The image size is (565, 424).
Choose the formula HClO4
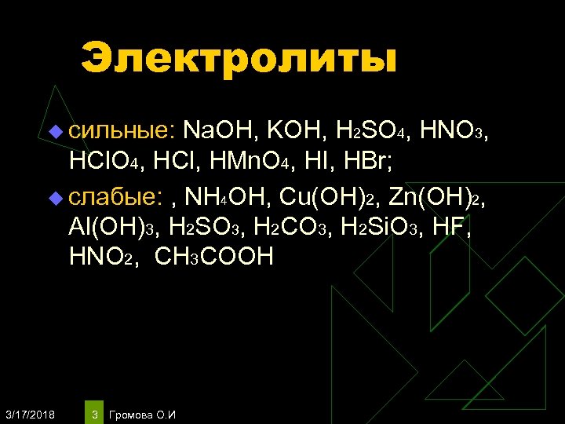point(104,163)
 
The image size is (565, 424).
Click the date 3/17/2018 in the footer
point(30,414)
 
